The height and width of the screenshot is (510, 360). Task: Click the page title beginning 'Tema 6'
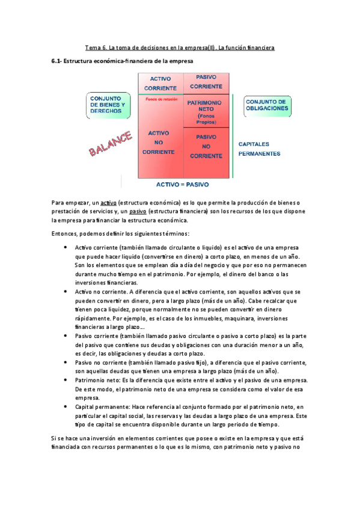(180, 47)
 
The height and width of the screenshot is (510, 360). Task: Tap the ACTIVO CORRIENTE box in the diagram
(159, 84)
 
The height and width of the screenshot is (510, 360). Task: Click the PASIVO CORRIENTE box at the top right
(206, 83)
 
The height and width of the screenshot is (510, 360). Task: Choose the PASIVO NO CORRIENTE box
(206, 146)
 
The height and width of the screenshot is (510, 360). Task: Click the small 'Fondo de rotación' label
(159, 99)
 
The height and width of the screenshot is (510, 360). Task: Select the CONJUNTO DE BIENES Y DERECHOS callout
(108, 105)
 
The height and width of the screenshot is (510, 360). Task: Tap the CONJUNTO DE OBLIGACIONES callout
(267, 105)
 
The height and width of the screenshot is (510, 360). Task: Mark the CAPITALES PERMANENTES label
(259, 149)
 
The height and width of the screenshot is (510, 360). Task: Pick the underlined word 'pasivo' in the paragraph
(137, 212)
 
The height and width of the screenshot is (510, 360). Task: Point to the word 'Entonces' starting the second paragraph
(65, 233)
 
